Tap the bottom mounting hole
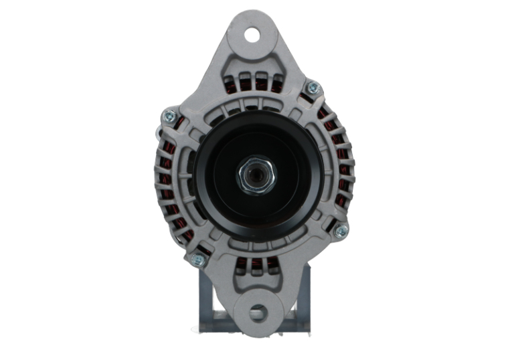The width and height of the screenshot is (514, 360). (257, 312)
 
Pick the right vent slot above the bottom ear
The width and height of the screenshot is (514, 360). (272, 266)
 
